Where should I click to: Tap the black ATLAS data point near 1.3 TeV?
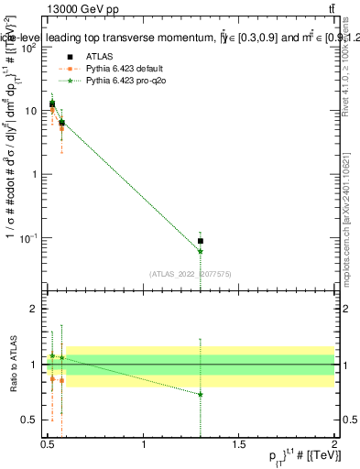(x=201, y=241)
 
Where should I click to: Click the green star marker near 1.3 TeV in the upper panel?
(x=201, y=250)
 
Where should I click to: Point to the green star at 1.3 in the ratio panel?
(x=201, y=394)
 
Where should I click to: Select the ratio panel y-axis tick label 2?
(x=35, y=310)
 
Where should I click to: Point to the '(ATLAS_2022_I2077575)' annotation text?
(x=190, y=273)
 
